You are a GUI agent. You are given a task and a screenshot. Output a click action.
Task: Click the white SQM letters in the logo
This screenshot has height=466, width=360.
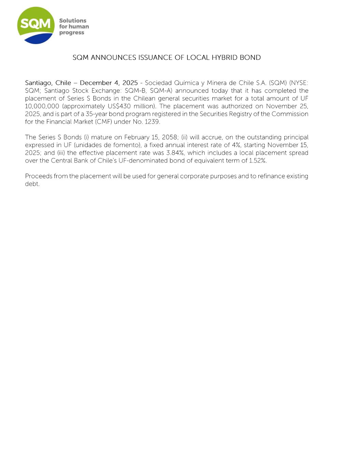35,24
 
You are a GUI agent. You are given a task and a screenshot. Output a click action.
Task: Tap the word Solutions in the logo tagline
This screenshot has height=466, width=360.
73,20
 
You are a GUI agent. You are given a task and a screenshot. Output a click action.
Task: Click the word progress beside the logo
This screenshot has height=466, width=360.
72,33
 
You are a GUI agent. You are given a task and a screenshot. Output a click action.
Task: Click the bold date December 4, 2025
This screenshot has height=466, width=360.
109,83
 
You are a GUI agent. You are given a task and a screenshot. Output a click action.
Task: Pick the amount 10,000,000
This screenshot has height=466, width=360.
42,106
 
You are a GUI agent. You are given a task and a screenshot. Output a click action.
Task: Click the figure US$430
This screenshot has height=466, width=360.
119,106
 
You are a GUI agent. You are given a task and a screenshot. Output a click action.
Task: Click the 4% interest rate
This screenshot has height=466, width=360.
236,145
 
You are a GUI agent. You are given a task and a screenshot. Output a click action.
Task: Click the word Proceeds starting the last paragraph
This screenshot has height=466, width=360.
39,176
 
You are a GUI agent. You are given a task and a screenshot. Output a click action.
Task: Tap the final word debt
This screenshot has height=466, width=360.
32,184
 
